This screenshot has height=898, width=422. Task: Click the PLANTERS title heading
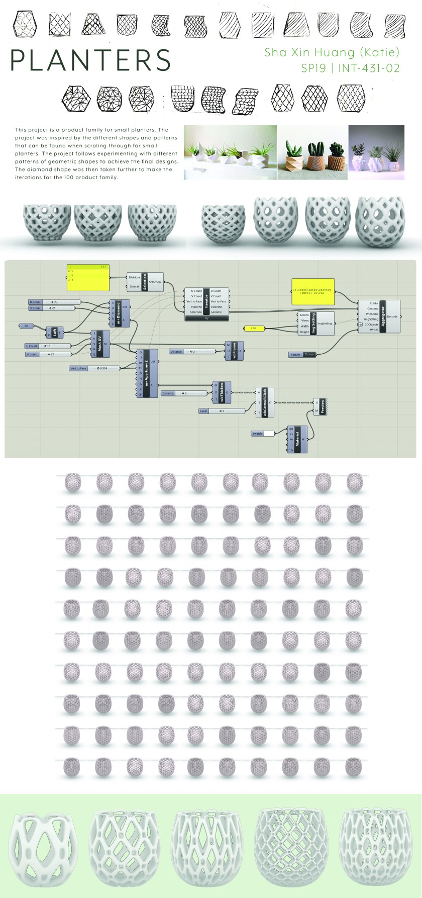(x=90, y=60)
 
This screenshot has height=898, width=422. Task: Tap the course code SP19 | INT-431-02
(x=350, y=67)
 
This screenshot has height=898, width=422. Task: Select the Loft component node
(x=55, y=332)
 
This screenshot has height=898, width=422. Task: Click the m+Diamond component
(x=119, y=313)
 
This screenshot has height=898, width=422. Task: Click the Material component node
(x=297, y=439)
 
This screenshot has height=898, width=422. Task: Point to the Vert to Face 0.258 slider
(x=95, y=368)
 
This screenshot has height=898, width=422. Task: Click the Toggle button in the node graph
(x=303, y=354)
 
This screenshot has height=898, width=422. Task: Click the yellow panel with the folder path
(x=313, y=291)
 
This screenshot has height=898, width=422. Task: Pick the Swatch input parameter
(x=263, y=433)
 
